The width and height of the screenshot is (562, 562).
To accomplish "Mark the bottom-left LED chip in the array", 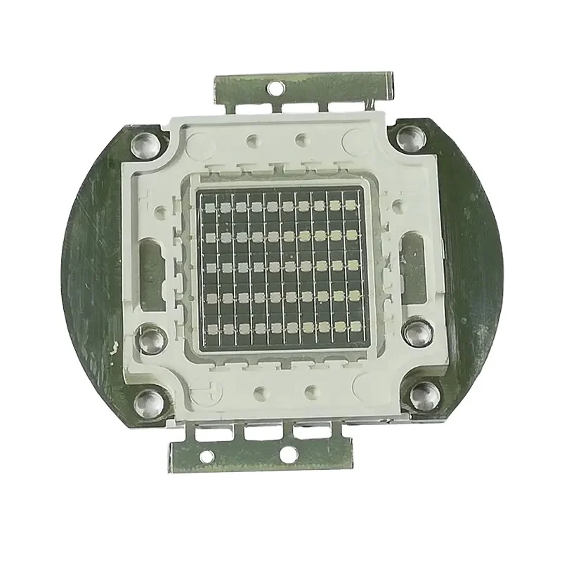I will tap(208, 329).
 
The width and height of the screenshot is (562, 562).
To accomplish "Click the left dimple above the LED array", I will tap(250, 140).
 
